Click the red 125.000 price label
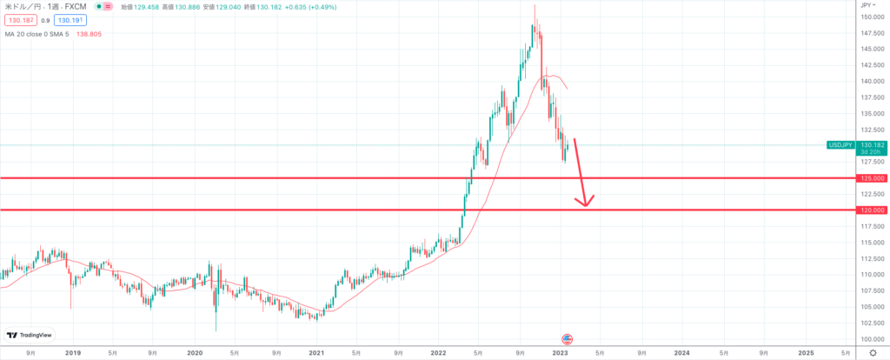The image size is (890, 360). [872, 178]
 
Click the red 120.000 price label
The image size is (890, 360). [872, 210]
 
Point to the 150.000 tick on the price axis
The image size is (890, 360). [871, 17]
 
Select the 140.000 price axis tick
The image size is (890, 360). [871, 82]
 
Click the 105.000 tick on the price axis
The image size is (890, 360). [871, 307]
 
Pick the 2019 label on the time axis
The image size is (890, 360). [72, 353]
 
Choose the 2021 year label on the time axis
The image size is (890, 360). [316, 353]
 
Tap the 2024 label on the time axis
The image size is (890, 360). [682, 353]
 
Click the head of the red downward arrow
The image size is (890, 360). [587, 204]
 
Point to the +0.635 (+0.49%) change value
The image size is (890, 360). [282, 6]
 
